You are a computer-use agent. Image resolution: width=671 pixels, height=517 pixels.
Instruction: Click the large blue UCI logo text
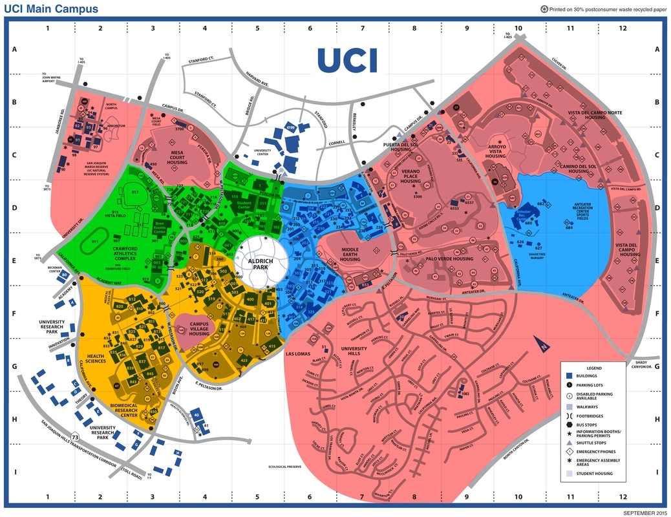point(347,60)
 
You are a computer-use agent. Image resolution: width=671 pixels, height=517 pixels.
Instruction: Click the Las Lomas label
point(299,353)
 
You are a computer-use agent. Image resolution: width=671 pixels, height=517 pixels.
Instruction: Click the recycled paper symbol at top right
point(544,8)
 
